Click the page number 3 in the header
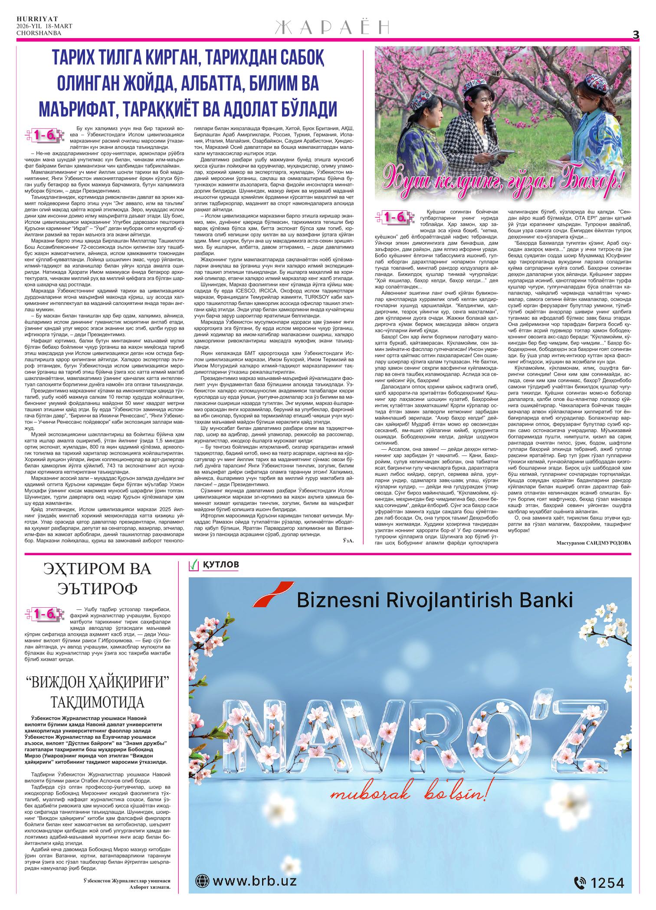pos(636,35)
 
